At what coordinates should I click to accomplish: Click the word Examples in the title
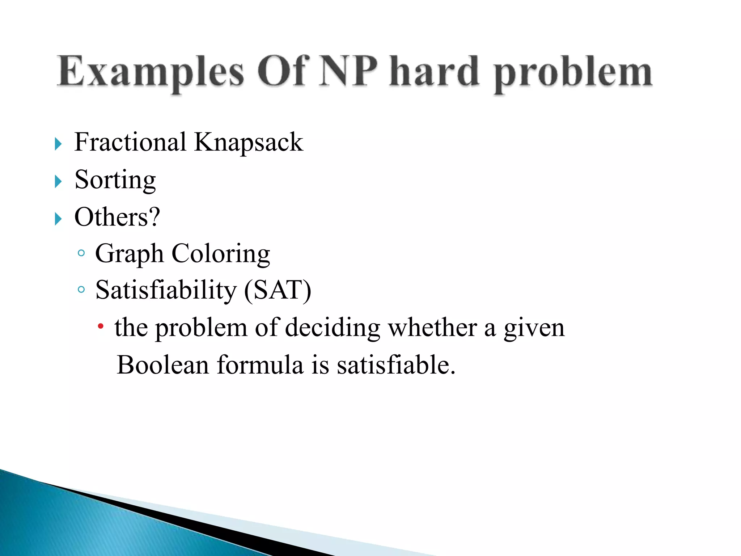(x=150, y=72)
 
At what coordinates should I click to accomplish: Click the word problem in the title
(x=573, y=74)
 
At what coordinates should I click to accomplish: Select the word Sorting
(x=115, y=180)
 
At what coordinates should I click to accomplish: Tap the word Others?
(x=117, y=217)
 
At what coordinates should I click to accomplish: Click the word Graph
(x=129, y=254)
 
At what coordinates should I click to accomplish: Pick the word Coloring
(x=221, y=254)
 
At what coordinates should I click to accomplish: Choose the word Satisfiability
(x=166, y=291)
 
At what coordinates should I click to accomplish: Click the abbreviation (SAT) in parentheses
(x=278, y=291)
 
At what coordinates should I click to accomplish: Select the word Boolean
(x=163, y=365)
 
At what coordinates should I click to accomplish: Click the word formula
(x=260, y=365)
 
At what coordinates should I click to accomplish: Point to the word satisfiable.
(x=396, y=365)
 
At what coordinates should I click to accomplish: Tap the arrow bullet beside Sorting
(x=58, y=181)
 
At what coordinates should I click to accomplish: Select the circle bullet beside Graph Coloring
(x=81, y=253)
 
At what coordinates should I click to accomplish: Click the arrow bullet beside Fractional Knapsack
(x=58, y=144)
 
